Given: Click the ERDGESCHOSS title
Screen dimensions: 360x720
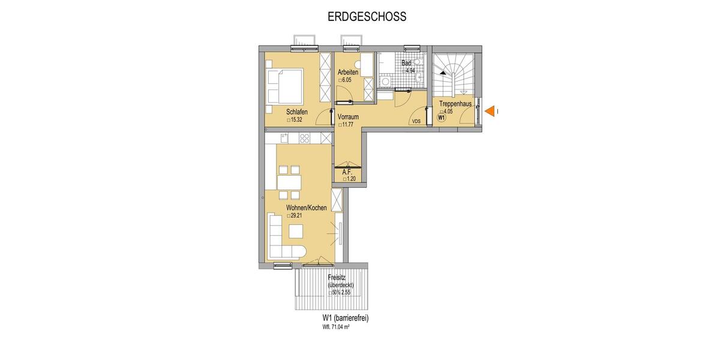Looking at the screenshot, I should [367, 17].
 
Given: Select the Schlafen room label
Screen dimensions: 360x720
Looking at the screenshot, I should [297, 112].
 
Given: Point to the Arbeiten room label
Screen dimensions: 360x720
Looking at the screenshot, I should [348, 73].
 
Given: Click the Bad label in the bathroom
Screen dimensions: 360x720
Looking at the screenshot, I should [406, 63].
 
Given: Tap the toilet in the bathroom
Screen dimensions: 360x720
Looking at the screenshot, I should [419, 68].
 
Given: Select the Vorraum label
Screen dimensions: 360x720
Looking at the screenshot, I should [348, 117].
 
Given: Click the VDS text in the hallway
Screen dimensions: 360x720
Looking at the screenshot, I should [416, 122].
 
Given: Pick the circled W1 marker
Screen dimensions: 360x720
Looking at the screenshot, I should [441, 118].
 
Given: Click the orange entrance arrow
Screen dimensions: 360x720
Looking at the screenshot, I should [490, 111].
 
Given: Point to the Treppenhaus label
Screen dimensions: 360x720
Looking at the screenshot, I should [455, 104].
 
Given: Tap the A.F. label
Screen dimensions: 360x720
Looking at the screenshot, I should [346, 172].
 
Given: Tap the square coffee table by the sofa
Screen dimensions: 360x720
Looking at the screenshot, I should [296, 231].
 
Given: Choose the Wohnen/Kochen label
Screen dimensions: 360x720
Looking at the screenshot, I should [306, 208].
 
